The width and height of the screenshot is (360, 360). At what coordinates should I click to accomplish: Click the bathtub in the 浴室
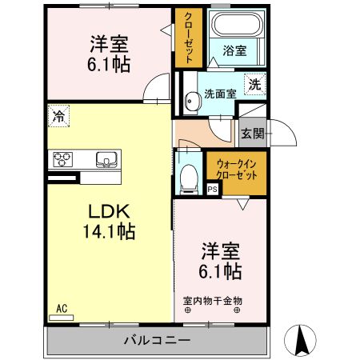[x=237, y=24]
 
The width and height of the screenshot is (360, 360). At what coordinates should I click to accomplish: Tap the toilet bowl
[x=189, y=178]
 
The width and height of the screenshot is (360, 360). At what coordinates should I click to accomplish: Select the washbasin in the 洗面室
[x=192, y=101]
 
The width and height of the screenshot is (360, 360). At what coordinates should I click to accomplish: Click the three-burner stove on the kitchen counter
[x=63, y=159]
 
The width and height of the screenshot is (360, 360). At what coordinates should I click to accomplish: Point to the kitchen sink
[x=106, y=160]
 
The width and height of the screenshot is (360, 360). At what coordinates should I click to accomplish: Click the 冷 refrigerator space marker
[x=58, y=116]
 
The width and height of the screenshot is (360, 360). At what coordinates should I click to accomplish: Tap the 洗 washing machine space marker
[x=255, y=84]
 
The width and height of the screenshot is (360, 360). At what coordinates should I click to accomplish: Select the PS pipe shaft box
[x=213, y=190]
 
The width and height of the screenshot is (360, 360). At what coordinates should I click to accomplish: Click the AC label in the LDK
[x=62, y=309]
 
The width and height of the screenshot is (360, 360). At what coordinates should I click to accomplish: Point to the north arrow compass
[x=300, y=341]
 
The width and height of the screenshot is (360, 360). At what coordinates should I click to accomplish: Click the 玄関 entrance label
[x=253, y=134]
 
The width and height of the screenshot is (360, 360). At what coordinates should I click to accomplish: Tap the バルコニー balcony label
[x=158, y=340]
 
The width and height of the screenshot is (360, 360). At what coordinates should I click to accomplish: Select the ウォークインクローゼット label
[x=237, y=170]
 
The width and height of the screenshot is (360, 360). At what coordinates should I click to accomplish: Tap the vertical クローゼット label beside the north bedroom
[x=189, y=38]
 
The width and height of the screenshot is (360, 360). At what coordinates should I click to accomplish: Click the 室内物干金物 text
[x=213, y=301]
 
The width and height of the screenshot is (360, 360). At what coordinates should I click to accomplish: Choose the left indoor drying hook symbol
[x=188, y=310]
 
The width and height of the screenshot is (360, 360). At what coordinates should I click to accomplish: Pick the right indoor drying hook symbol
[x=237, y=310]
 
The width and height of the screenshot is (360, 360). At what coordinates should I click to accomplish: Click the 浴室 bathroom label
[x=234, y=50]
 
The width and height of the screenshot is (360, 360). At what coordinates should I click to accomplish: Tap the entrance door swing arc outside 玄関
[x=289, y=128]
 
